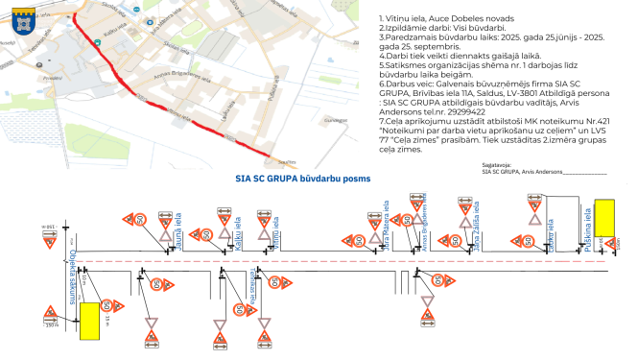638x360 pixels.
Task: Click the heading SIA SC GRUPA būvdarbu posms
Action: pos(302,179)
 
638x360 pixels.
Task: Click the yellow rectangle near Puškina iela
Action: pos(604,217)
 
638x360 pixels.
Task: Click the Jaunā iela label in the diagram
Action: pos(178,233)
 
